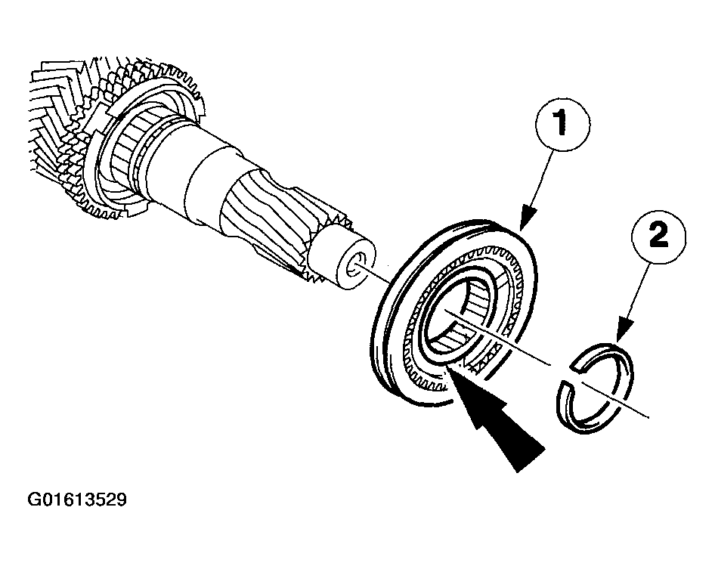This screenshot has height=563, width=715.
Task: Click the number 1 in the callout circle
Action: tap(562, 123)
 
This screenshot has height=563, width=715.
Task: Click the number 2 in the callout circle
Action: tap(658, 236)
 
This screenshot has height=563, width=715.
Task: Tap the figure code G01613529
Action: tap(77, 500)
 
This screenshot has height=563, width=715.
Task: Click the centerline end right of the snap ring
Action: tap(648, 416)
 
